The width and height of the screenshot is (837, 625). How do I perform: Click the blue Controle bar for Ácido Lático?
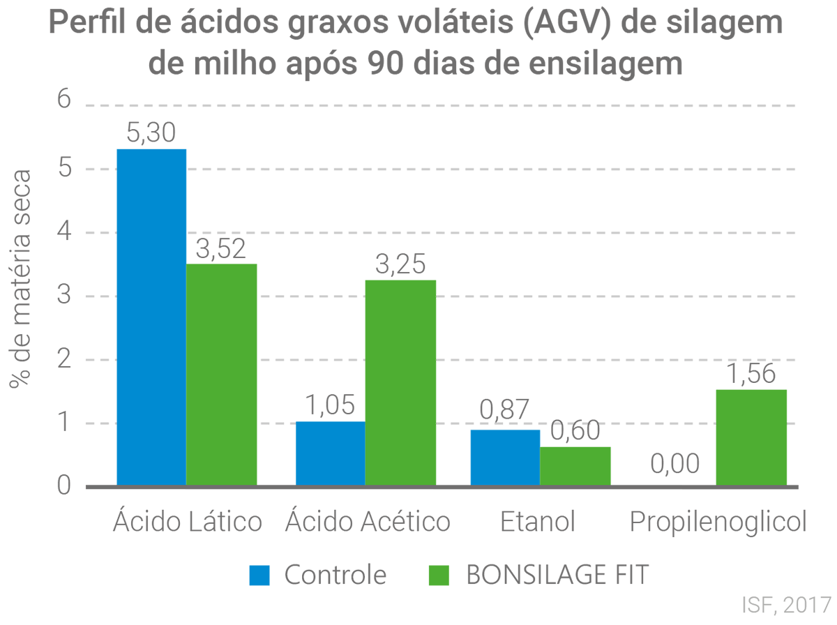tap(151, 317)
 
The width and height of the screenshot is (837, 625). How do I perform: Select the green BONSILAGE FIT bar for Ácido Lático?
tap(222, 374)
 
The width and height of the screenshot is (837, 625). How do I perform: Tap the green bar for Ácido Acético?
tap(401, 382)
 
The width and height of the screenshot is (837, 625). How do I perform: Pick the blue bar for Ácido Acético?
tap(330, 453)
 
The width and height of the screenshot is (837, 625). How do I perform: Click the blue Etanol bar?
tap(505, 457)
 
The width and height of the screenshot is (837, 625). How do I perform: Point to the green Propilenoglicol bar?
tap(752, 437)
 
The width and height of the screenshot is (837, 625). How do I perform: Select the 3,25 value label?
tap(401, 265)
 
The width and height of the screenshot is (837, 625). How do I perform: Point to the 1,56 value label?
tap(752, 375)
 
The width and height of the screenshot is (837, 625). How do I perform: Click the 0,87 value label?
tap(505, 410)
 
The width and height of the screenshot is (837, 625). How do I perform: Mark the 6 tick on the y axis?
tap(64, 99)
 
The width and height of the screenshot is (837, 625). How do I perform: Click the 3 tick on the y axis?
tap(64, 296)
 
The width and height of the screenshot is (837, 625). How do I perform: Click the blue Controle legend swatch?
tap(259, 575)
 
